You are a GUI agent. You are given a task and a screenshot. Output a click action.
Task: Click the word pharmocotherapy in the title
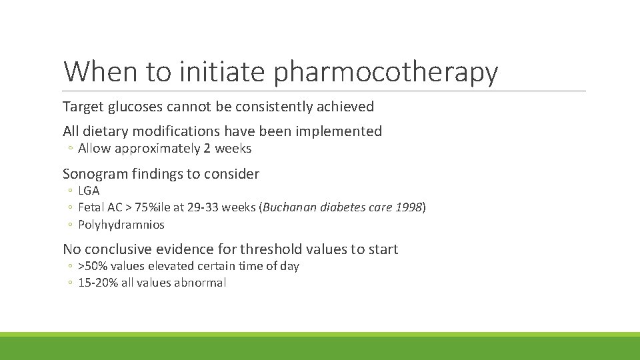tap(386, 73)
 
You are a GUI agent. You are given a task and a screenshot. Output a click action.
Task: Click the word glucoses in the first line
tap(139, 107)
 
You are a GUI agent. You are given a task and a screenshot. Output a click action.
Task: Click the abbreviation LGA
tap(89, 191)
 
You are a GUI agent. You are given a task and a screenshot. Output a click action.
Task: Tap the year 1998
tap(408, 207)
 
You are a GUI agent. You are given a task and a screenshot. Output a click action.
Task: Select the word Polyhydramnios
tap(121, 225)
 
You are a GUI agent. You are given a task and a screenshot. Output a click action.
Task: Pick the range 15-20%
tap(97, 283)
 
